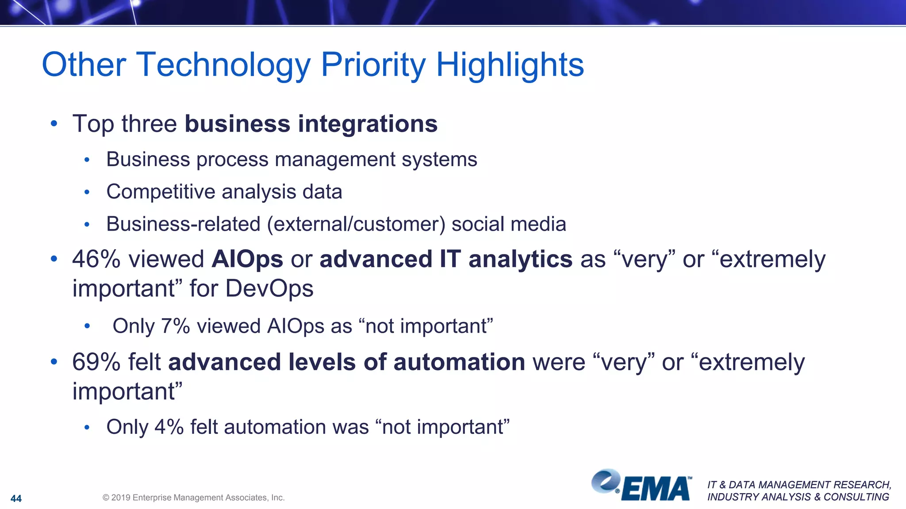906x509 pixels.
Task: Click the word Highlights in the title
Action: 510,65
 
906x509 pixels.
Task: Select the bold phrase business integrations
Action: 311,124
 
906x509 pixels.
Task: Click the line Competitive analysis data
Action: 224,192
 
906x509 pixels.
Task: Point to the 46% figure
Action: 96,259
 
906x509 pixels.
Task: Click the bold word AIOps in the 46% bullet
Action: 247,259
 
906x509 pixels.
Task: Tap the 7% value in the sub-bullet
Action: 175,326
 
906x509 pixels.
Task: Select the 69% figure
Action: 96,362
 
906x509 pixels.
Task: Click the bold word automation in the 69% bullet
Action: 459,362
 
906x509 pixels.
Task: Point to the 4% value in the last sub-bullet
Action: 169,427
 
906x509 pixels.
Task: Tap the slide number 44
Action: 16,498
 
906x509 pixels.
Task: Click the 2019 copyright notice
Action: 193,498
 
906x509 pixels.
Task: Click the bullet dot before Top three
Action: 54,124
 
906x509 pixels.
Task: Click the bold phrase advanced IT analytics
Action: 446,259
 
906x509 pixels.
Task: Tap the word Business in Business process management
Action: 148,160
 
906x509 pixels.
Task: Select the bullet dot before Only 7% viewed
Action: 87,327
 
